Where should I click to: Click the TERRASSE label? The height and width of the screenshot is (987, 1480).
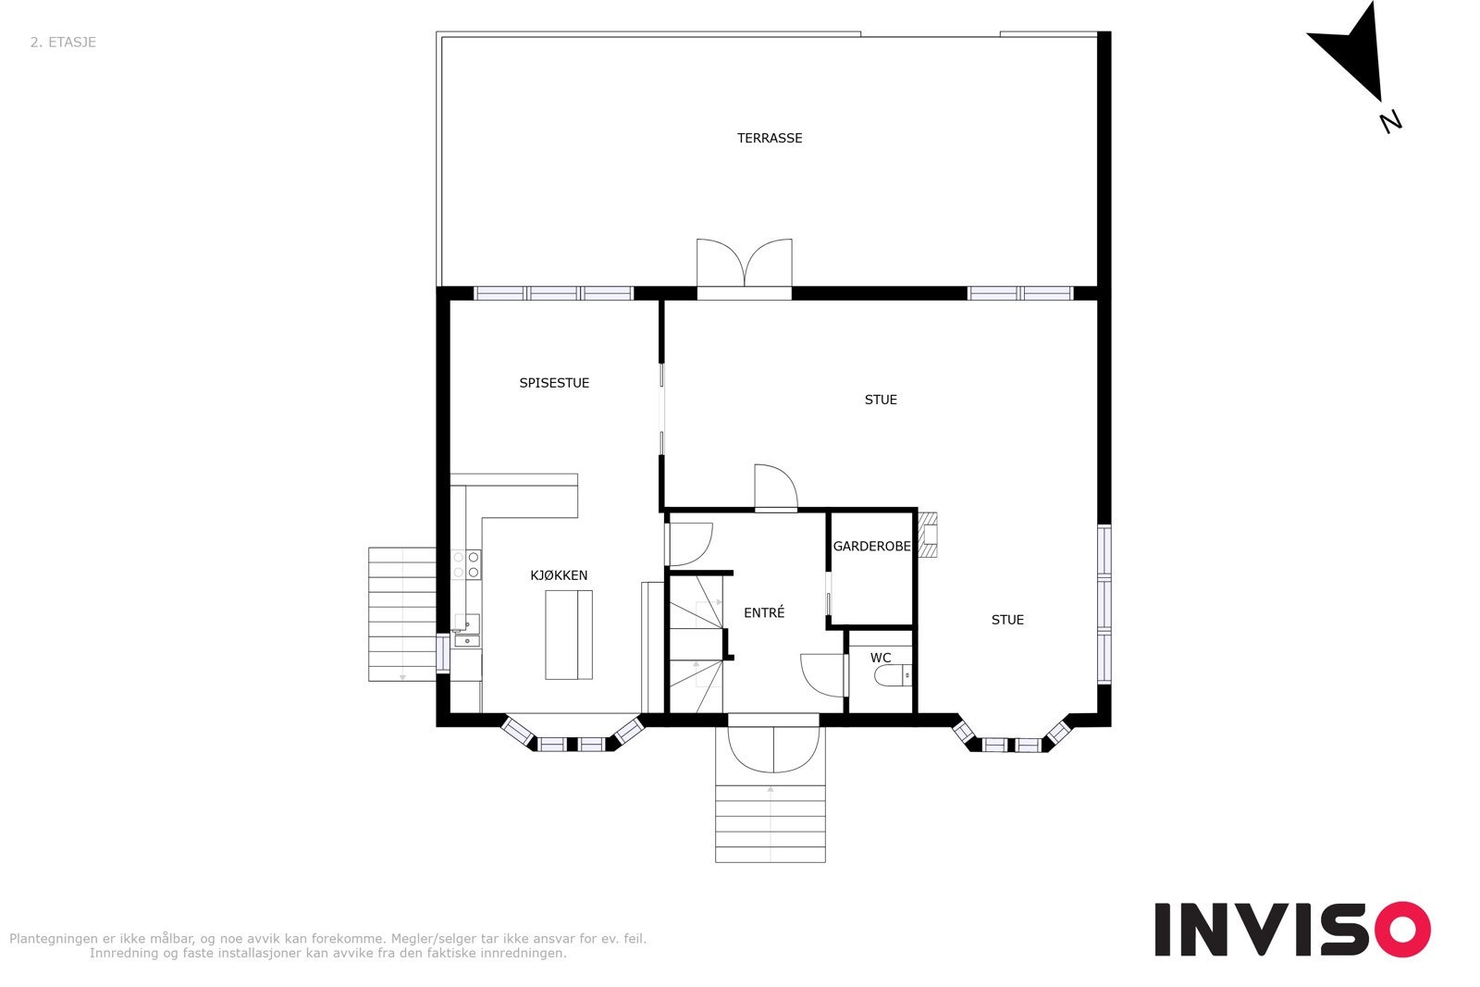coord(769,139)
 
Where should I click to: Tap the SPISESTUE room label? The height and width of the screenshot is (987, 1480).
coord(554,383)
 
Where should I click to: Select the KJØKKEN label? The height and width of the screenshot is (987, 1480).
coord(559,575)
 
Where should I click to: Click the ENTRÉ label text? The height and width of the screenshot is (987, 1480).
coord(764,612)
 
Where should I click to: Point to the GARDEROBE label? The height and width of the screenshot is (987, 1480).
coord(871,547)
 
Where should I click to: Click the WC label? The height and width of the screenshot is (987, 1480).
coord(881,658)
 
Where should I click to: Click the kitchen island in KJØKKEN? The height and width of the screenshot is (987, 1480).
coord(569,635)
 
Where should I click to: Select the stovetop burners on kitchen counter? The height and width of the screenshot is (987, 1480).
coord(466,564)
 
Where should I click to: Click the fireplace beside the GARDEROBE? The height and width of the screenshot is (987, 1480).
coord(929,536)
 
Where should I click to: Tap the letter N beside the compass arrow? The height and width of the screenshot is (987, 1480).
coord(1390,121)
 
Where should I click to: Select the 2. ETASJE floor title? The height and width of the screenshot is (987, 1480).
coord(63,43)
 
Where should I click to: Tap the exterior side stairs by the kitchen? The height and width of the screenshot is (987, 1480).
coord(402,614)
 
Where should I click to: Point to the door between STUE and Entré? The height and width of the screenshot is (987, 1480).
coord(775,487)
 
